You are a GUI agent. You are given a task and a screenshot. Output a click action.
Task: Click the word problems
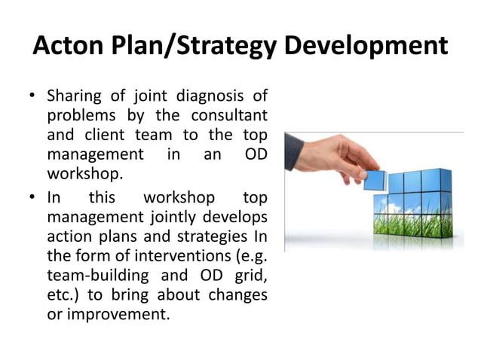[79, 116]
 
